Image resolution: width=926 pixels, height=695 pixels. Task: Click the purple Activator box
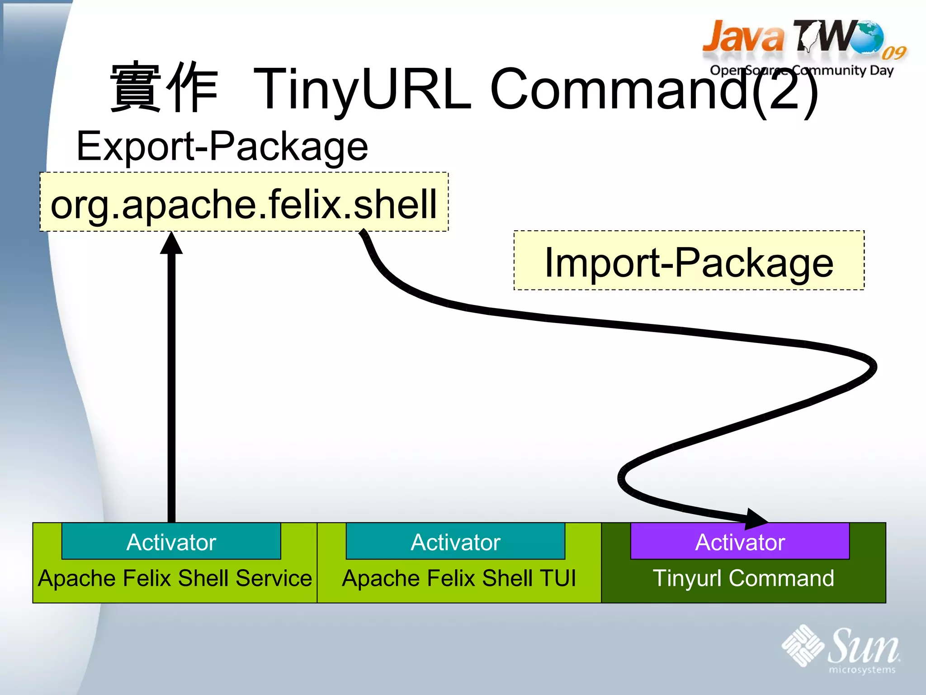[x=740, y=542]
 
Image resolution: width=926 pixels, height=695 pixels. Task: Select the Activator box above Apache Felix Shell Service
[x=171, y=542]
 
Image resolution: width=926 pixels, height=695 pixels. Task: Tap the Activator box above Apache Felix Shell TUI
[x=455, y=542]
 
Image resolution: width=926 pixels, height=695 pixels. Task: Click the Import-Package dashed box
[x=689, y=261]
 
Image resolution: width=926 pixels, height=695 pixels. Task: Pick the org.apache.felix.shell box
[x=244, y=202]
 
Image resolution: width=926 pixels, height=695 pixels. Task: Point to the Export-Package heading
[x=222, y=146]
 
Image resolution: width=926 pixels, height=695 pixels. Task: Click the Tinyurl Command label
[x=743, y=578]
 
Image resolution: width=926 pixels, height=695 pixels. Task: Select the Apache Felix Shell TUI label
[x=459, y=578]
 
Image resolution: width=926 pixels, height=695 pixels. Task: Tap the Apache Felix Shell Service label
[x=175, y=578]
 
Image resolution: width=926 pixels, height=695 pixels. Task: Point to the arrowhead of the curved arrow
[x=755, y=519]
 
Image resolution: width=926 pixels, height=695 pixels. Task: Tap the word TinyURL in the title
[x=362, y=89]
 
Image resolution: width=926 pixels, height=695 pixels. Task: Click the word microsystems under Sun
[x=862, y=670]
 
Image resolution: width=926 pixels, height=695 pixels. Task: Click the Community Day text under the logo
[x=843, y=71]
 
